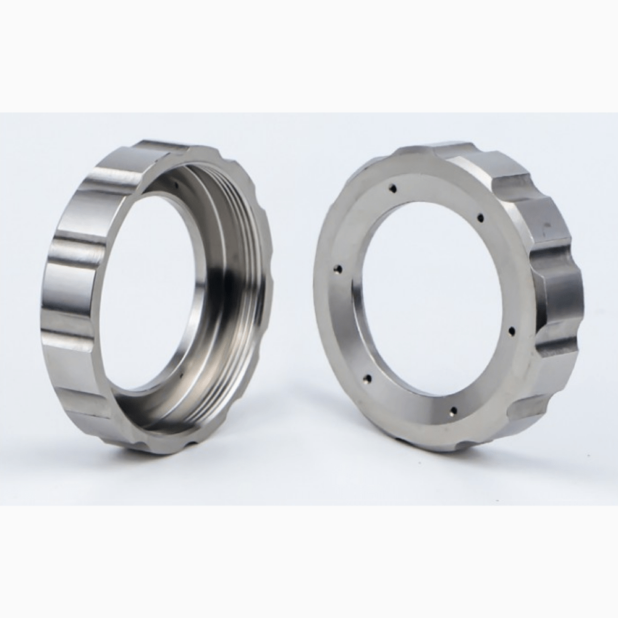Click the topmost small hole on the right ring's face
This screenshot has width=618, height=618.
[392, 187]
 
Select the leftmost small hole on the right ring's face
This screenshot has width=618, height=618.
[337, 269]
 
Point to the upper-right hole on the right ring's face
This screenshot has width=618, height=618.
[480, 218]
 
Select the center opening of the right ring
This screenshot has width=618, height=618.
[433, 297]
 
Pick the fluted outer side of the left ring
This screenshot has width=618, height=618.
[68, 290]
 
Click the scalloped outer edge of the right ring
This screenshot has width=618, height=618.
[556, 297]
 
